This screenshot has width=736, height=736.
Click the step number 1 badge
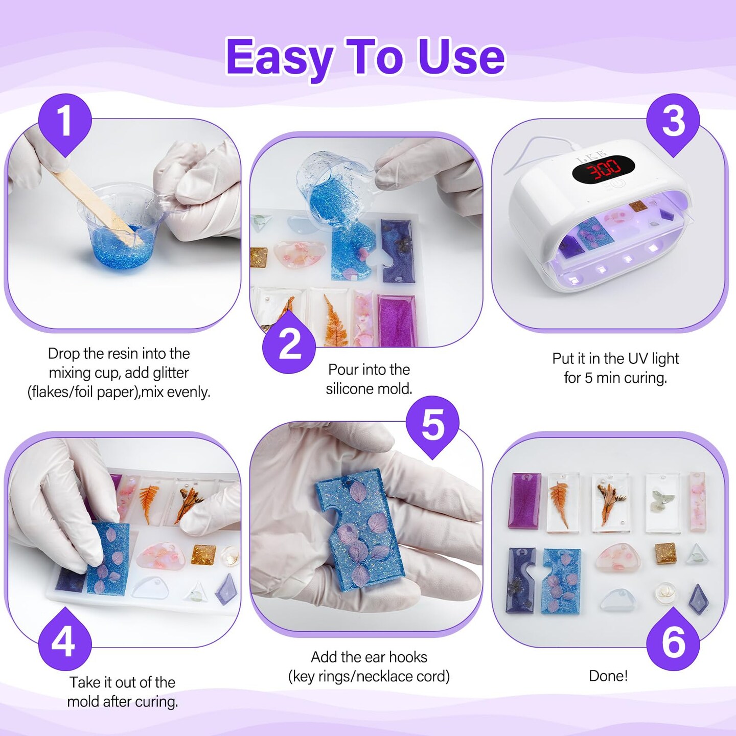(x=65, y=122)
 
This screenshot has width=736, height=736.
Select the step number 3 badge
(x=673, y=122)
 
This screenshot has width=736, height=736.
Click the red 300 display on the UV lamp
(x=603, y=169)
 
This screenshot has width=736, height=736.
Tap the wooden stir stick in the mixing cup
(x=98, y=209)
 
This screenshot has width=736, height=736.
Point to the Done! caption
(x=608, y=676)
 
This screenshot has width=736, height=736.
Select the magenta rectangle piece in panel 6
(x=525, y=500)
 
